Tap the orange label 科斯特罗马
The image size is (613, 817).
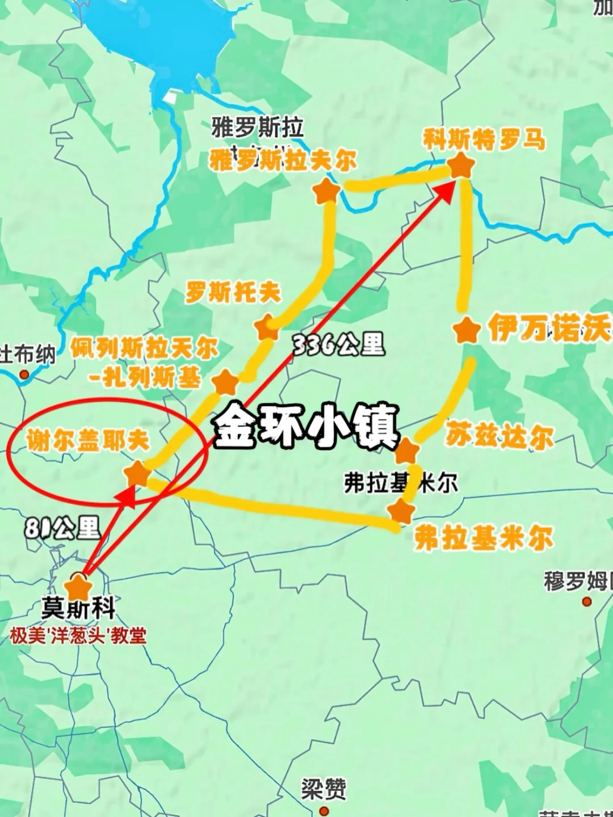(484, 140)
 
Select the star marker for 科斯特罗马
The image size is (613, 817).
(461, 166)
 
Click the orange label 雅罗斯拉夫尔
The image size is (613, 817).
(283, 161)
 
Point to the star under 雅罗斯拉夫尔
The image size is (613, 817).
(327, 192)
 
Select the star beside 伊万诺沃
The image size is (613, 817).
(467, 331)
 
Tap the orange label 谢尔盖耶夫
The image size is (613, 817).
(88, 441)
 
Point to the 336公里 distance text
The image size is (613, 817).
(339, 344)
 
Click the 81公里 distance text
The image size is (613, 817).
(62, 528)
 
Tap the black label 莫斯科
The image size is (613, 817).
(78, 610)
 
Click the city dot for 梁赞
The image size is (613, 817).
(324, 809)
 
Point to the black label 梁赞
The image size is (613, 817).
(324, 789)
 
